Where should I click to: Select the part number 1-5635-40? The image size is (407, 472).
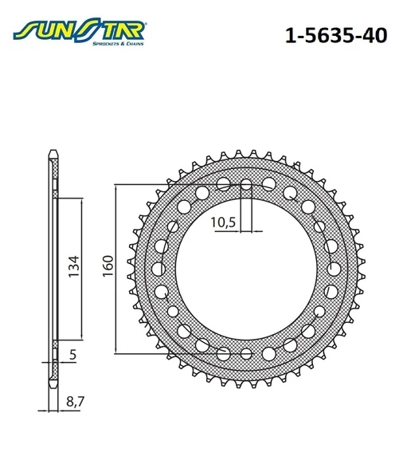[330, 36]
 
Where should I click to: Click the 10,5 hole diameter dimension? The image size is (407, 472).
[224, 223]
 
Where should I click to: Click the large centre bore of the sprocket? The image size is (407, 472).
[245, 267]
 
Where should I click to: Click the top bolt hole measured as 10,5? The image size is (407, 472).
[245, 186]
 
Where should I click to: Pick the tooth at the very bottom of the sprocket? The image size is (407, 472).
[245, 385]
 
